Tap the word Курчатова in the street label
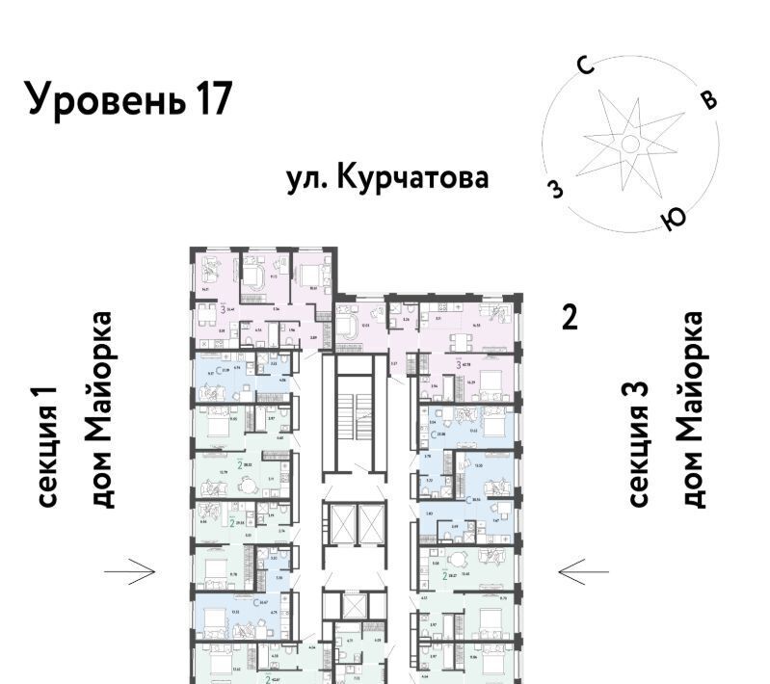coord(416,178)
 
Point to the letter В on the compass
coord(708,99)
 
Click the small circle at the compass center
coord(629,145)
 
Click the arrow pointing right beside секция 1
coord(130,572)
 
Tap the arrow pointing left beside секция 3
coord(583,572)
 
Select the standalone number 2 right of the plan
coord(570,317)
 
